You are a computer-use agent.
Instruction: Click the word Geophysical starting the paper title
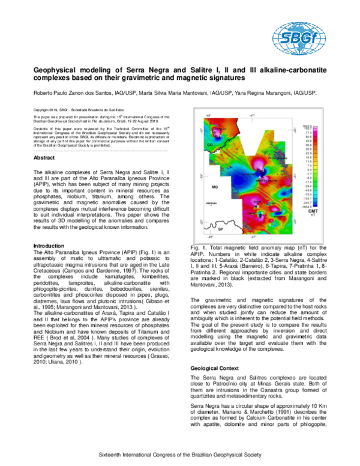click(55, 70)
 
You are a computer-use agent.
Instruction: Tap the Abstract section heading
click(44, 157)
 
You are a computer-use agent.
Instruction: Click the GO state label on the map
click(210, 145)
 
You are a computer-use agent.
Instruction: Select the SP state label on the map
click(220, 229)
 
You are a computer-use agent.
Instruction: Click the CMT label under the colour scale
click(313, 211)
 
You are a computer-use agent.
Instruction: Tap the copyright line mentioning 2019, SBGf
click(79, 110)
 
